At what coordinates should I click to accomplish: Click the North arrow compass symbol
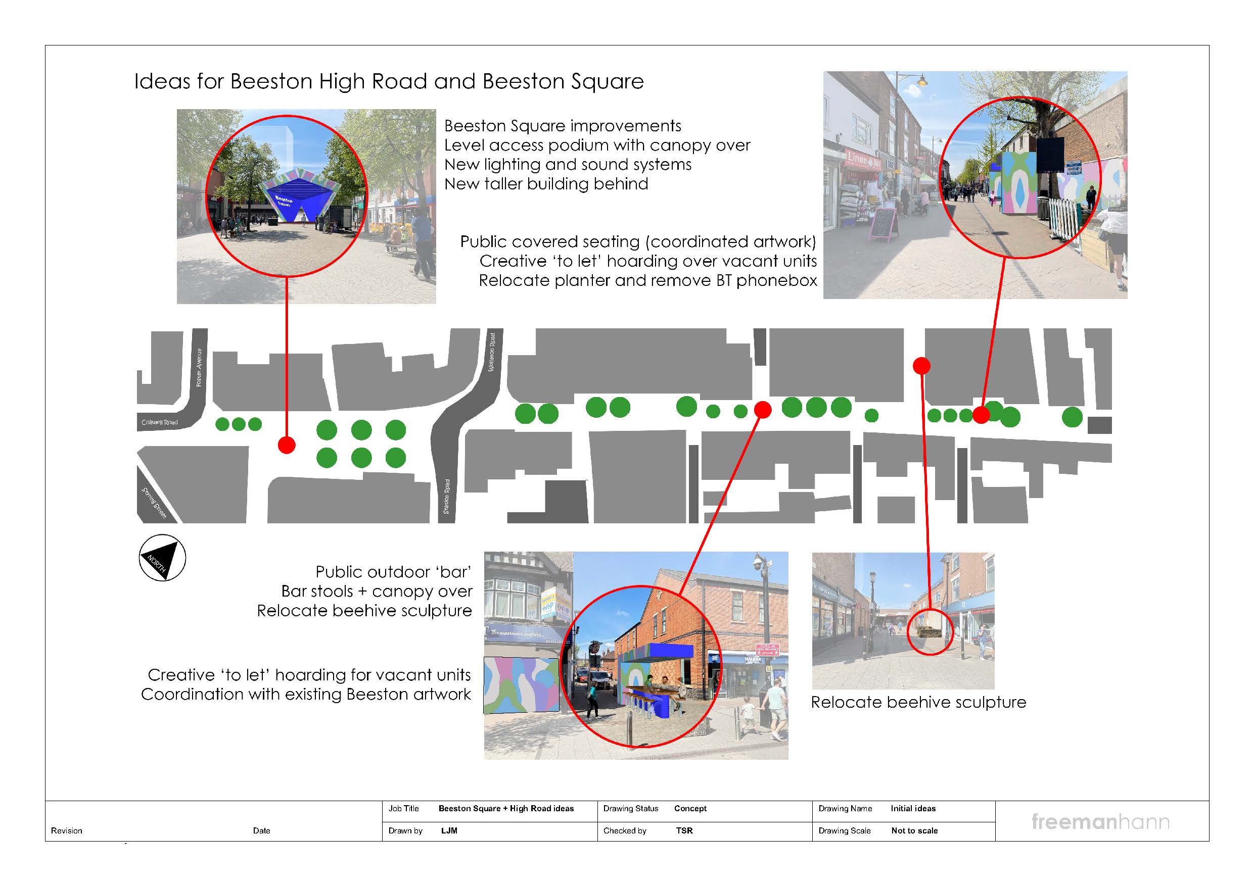coord(162,558)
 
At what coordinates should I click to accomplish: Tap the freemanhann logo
coord(1100,821)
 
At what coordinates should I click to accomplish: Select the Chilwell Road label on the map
coord(160,422)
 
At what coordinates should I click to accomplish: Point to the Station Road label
coord(447,497)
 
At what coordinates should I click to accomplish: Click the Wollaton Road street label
coord(492,352)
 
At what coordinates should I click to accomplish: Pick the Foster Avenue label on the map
coord(199,367)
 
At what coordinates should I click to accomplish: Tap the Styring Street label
coord(154,503)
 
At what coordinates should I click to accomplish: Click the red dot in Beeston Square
coord(287,445)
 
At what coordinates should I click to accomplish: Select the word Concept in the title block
coord(690,809)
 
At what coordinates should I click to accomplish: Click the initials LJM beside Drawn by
coord(449,831)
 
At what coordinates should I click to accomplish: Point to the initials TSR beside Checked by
coord(684,831)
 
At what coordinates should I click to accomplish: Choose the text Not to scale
coord(914,831)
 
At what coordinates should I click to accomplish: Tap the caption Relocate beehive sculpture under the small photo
coord(918,702)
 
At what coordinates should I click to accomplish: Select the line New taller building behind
coord(546,184)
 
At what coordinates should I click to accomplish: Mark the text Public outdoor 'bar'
coord(393,572)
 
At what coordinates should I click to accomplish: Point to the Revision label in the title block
coord(67,831)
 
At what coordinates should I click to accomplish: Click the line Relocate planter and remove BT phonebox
coord(648,280)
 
